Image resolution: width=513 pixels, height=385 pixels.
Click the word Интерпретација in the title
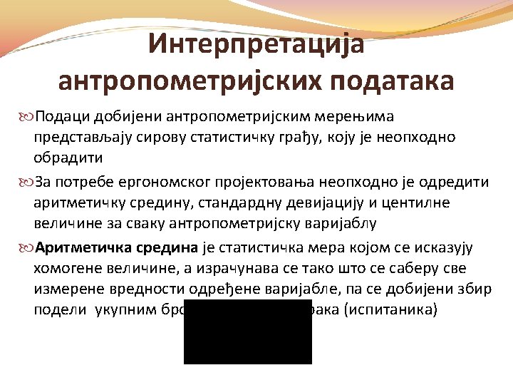pyautogui.click(x=256, y=44)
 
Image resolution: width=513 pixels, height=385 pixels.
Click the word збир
pyautogui.click(x=446, y=288)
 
